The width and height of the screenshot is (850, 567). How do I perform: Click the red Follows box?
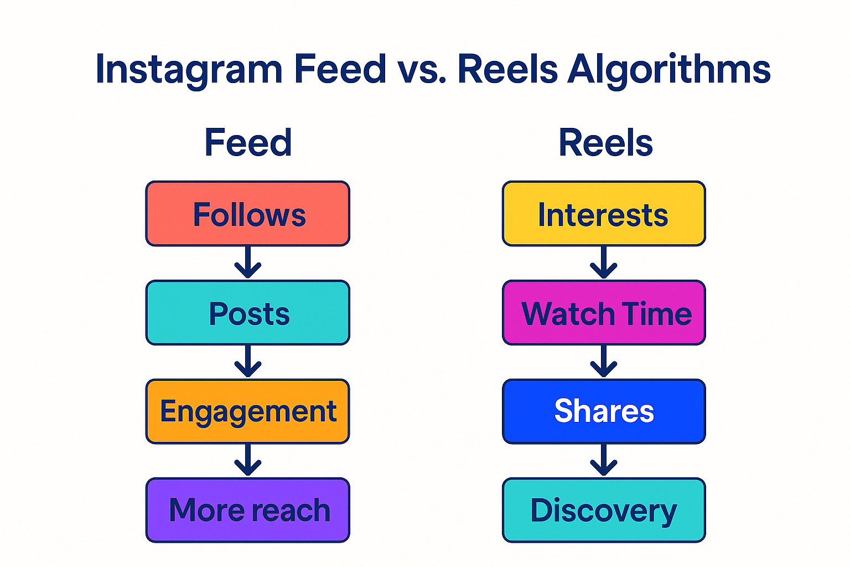coord(247,214)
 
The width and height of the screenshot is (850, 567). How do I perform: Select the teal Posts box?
coord(247,313)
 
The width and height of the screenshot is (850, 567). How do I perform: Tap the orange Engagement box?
coord(247,411)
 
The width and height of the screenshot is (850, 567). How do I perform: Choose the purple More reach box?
coord(247,510)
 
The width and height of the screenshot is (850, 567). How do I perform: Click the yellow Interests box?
coord(604,214)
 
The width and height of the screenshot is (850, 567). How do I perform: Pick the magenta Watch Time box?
coord(604,313)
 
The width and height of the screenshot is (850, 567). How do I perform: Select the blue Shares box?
coord(604,411)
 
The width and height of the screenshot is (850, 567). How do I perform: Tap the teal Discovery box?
coord(604,510)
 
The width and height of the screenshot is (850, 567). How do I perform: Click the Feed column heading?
coord(248,143)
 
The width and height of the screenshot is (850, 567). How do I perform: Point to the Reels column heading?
coord(605,143)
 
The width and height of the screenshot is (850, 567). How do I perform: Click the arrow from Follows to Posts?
coord(248,262)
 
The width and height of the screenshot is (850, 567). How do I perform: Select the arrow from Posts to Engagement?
coord(248,362)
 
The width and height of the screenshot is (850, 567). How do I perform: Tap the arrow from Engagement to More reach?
coord(248,460)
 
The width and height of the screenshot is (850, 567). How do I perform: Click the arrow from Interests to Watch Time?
coord(604,262)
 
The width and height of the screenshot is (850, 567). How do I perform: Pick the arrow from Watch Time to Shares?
coord(604,362)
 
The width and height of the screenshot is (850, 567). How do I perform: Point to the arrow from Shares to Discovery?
coord(604,460)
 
